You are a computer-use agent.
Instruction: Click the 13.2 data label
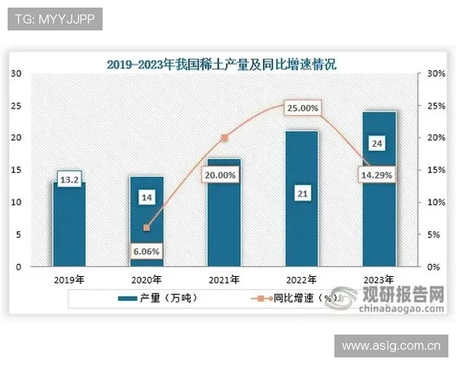point(69,180)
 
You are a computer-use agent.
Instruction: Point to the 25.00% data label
point(302,108)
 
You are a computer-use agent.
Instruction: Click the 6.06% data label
point(147,251)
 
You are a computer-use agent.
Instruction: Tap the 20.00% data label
point(223,175)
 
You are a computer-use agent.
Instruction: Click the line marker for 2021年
point(224,138)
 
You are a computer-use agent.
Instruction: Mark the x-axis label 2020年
point(147,280)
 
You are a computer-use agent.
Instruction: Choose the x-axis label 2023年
point(380,280)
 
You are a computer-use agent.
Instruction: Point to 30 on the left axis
point(17,74)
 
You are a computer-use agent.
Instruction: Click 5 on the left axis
point(20,235)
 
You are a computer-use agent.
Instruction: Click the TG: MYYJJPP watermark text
point(54,19)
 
